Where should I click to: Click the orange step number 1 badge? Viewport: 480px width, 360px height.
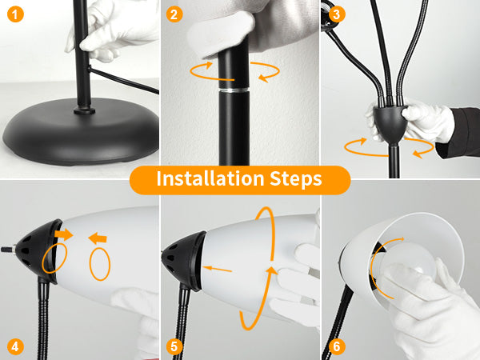point(15,14)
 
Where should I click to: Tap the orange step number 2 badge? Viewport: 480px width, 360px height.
point(174,14)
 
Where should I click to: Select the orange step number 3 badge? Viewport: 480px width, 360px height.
point(337,14)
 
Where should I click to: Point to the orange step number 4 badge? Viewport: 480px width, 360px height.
point(15,346)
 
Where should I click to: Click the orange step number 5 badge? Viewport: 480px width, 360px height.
point(174,346)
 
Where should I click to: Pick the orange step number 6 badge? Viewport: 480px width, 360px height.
point(337,346)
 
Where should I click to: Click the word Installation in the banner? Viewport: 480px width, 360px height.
point(210,178)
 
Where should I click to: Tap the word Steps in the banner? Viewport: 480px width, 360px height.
point(296,179)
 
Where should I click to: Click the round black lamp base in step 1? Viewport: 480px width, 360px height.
point(80,131)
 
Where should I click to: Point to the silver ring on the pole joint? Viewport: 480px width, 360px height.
point(234,90)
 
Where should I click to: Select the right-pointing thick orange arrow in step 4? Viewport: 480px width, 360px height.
point(64,234)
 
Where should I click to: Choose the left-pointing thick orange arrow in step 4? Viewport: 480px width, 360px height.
point(98,238)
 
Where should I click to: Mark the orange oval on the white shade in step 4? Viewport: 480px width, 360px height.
point(99,264)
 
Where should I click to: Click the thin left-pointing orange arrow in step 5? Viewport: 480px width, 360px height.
point(218,270)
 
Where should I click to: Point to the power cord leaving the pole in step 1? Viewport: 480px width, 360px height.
point(123,80)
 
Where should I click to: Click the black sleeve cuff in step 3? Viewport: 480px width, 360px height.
point(458,132)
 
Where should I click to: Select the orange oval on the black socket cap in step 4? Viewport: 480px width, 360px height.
point(54,258)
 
